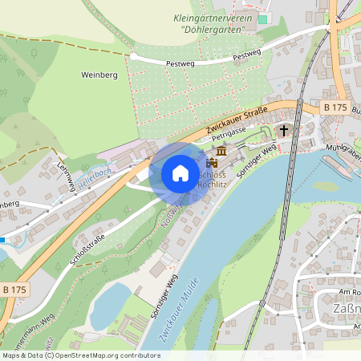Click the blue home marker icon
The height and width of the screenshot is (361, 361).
tap(180, 173)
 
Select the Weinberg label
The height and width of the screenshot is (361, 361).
tap(99, 75)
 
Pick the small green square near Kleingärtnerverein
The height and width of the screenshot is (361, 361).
tap(262, 18)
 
